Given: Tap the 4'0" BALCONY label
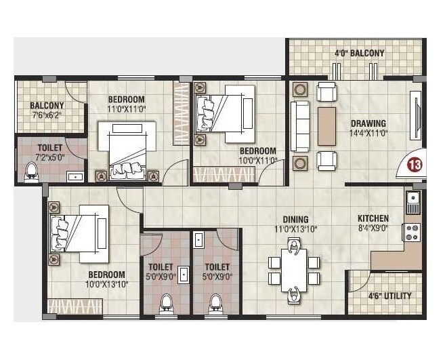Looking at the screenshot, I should (359, 53).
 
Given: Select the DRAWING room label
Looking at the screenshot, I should (368, 123).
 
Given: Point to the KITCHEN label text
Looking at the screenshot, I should (373, 218).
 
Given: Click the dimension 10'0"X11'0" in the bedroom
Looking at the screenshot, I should (258, 161).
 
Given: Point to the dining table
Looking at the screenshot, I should (294, 269).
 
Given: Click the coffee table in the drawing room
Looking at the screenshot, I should (326, 126).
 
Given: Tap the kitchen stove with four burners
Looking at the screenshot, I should (411, 232).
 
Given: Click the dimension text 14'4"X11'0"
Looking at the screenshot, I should (368, 134).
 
